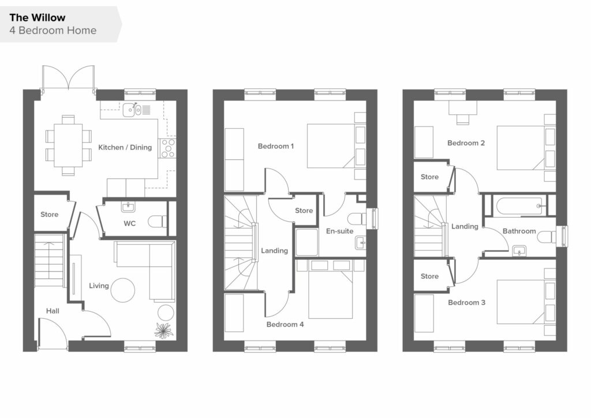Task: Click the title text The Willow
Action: [38, 18]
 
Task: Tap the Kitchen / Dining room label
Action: [125, 147]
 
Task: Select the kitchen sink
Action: [132, 110]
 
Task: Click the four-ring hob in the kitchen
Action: [168, 148]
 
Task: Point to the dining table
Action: [68, 145]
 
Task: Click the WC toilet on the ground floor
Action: [158, 221]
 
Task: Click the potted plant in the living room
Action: [164, 331]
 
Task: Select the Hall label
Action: [53, 311]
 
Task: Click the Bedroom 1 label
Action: [276, 146]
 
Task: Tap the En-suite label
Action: [339, 231]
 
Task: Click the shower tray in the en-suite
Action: [307, 242]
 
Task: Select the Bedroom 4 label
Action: [285, 324]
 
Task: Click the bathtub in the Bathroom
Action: [519, 206]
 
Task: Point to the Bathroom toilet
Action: [547, 237]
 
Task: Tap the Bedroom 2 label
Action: [466, 143]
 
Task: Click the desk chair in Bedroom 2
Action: [462, 120]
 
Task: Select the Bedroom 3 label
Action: [466, 303]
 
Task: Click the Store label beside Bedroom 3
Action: [429, 277]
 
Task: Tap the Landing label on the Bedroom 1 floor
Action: [274, 251]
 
